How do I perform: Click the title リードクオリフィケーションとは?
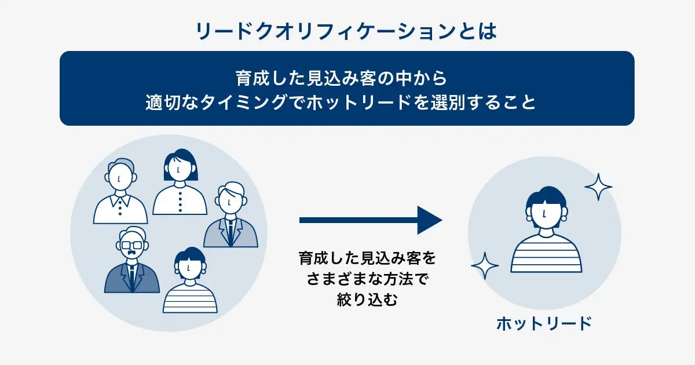[347, 30]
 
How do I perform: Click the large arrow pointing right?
[371, 220]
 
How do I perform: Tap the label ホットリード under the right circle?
[544, 323]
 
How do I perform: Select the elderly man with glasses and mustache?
[133, 261]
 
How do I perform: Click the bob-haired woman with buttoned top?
[180, 183]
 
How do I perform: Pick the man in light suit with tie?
[231, 217]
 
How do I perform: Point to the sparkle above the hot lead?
[598, 187]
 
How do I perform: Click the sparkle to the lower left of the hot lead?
[485, 266]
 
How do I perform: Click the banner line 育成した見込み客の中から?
[347, 77]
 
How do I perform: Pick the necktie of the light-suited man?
[231, 231]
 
